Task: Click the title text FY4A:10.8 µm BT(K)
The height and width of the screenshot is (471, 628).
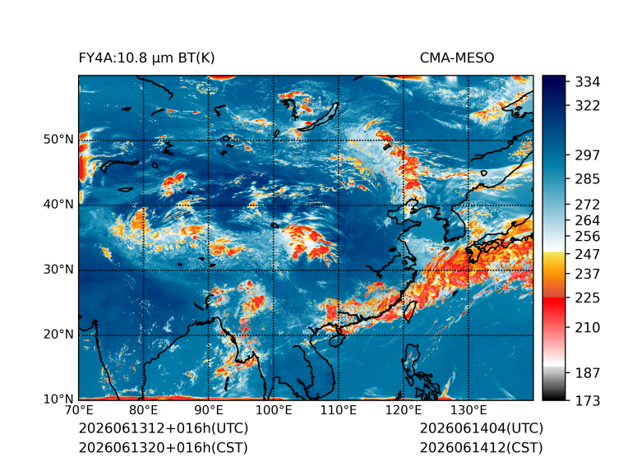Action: (146, 58)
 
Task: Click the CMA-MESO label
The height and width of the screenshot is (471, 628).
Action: (457, 58)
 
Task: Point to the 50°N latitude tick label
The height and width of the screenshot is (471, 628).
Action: (58, 140)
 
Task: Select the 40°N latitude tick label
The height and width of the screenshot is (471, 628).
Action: (58, 204)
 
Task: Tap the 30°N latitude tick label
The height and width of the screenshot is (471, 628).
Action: (58, 269)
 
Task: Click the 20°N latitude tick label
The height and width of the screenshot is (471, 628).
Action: (58, 334)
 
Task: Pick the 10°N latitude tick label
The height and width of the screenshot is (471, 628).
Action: (58, 399)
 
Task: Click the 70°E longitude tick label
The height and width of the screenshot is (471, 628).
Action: (79, 410)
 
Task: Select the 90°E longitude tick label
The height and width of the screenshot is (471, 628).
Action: (208, 410)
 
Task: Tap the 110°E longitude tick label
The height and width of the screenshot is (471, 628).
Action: (339, 410)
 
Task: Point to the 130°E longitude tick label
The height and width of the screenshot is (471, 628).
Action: (469, 410)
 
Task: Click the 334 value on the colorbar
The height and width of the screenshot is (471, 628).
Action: (588, 82)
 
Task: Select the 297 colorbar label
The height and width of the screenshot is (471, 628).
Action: (588, 155)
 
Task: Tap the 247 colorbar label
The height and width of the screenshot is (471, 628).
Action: (588, 254)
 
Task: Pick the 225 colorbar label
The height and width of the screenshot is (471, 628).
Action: (588, 298)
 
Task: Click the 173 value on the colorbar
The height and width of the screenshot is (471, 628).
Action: (588, 400)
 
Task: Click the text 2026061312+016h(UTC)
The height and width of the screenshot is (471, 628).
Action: (164, 428)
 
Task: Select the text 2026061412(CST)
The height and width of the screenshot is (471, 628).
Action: (482, 448)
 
